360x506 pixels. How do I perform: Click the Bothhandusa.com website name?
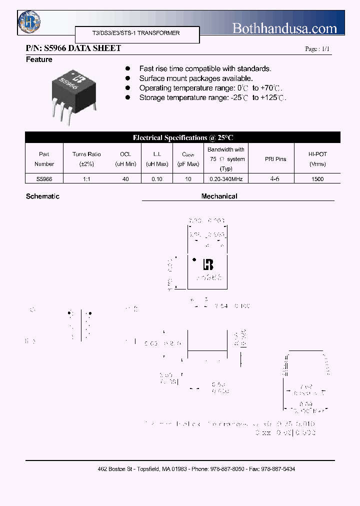284,28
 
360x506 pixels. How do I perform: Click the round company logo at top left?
29,21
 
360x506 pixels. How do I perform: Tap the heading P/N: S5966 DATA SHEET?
73,48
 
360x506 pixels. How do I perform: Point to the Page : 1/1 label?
317,49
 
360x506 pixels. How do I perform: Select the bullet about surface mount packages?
196,78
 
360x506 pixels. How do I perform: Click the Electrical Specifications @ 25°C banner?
182,137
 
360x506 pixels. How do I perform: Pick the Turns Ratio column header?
86,159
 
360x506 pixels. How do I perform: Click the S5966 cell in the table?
44,178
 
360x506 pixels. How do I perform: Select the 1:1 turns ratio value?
86,178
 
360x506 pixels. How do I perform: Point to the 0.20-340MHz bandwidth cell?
225,178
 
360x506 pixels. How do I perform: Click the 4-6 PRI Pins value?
275,178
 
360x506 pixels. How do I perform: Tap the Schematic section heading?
42,196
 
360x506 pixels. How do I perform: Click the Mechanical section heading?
219,196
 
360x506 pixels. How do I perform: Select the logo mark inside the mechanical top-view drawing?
208,264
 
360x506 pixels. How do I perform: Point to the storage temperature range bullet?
212,98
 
